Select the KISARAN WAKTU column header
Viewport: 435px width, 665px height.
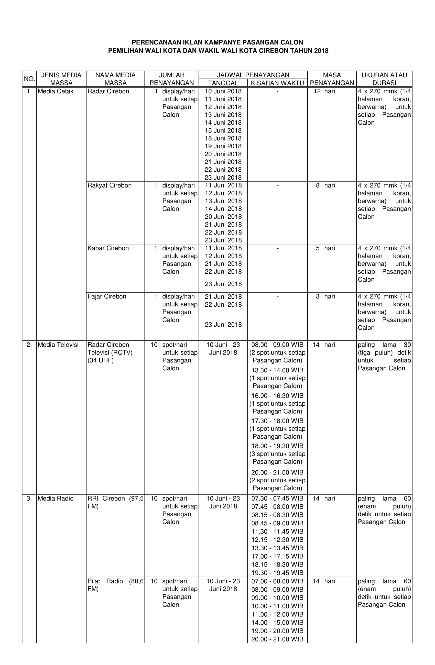tap(277, 83)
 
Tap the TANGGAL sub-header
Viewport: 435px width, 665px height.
tap(223, 83)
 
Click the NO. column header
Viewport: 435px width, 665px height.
tap(29, 79)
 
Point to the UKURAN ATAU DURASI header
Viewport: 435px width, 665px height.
tap(384, 79)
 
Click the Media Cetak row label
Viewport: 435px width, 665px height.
tap(55, 91)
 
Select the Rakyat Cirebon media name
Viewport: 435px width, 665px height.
tap(109, 185)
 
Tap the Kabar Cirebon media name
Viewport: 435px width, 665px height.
tap(108, 248)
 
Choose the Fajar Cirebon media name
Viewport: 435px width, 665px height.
tap(107, 296)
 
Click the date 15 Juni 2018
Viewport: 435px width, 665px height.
tap(223, 130)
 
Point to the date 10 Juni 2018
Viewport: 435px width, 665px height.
tap(223, 91)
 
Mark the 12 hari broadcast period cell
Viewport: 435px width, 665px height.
tap(324, 91)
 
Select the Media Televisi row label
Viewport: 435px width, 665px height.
tap(58, 345)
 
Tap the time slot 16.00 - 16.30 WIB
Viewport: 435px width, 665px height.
tap(277, 396)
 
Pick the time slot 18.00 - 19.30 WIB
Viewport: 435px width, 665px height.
tap(277, 446)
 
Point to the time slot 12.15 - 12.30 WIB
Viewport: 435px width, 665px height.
tap(277, 540)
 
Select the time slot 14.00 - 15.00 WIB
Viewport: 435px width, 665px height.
tap(277, 623)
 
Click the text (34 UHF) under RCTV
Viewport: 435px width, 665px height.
tap(100, 360)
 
